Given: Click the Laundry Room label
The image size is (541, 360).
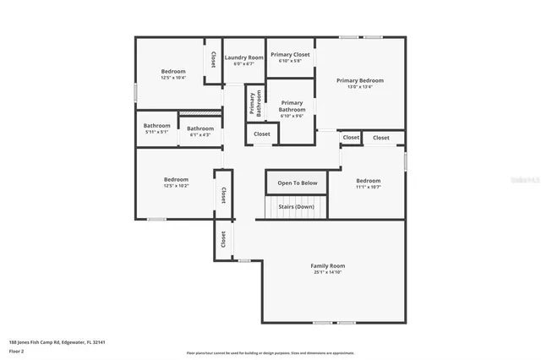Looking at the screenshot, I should (x=244, y=57).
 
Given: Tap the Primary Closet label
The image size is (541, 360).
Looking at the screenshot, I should (x=290, y=55).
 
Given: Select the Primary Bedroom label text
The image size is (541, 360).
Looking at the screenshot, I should (x=359, y=80).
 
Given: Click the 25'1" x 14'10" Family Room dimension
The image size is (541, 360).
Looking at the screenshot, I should (x=328, y=272).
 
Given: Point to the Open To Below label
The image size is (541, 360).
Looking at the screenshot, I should (x=297, y=183).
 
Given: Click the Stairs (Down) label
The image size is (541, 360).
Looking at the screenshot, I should (x=296, y=206).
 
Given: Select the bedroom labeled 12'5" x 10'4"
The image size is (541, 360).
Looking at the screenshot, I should (x=173, y=74).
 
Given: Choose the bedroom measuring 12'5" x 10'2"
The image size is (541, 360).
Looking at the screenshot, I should (x=176, y=182).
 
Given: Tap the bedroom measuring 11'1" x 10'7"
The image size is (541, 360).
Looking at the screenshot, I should (x=368, y=183).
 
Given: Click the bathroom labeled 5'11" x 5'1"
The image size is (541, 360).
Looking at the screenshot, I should (x=156, y=128).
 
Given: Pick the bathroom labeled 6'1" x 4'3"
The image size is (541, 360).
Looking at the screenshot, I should (x=200, y=131).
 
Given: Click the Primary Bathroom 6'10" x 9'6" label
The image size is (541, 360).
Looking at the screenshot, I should (x=292, y=109).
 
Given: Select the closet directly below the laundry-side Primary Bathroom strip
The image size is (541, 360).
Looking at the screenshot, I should (x=262, y=134).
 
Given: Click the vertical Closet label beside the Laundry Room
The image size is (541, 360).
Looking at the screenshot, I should (x=214, y=59).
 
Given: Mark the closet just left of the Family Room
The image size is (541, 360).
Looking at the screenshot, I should (x=223, y=239).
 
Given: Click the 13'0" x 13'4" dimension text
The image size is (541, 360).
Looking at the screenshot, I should (x=359, y=87).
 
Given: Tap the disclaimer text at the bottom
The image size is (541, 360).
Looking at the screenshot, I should (x=270, y=353).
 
